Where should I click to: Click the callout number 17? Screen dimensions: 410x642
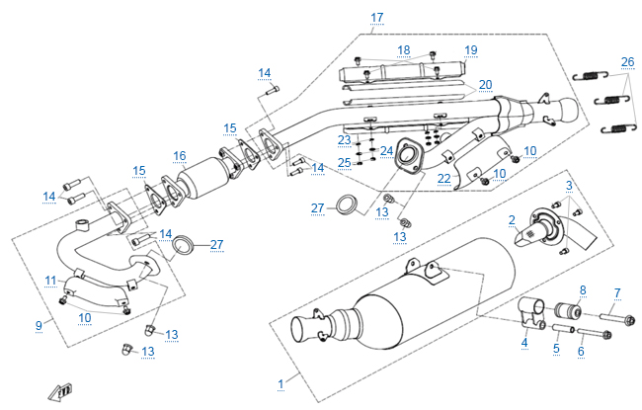[376, 18]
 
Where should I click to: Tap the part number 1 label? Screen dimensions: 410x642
[281, 381]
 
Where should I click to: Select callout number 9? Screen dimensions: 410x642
[39, 324]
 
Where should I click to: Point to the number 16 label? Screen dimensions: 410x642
[179, 156]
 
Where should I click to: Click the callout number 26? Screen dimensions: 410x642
[627, 61]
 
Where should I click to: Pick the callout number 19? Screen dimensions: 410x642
[470, 50]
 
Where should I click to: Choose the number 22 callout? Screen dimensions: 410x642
[444, 178]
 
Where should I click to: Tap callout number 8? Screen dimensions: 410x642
[582, 289]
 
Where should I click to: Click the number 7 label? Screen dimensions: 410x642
[617, 292]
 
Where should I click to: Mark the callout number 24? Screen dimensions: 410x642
[386, 150]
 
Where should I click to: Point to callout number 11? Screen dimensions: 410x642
[50, 282]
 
